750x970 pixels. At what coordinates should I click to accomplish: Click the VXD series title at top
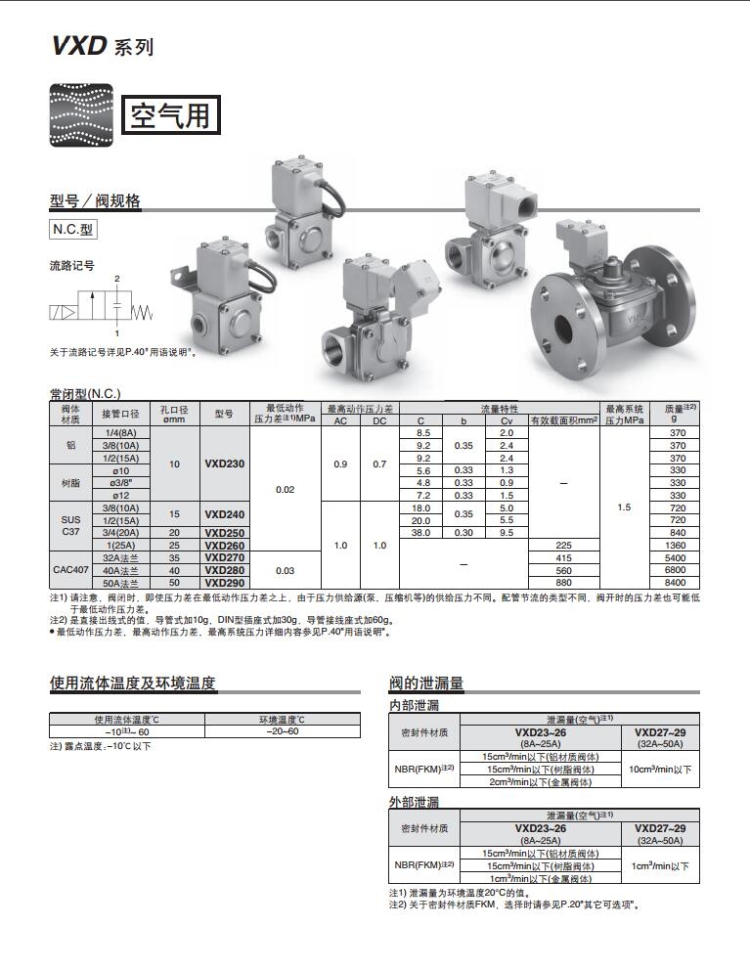102,46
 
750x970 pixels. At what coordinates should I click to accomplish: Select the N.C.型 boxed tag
74,231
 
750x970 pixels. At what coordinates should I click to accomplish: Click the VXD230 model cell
224,463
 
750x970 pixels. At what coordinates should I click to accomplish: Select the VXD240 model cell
224,513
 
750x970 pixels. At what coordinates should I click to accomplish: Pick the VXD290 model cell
224,582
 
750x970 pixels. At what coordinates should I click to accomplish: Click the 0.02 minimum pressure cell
285,489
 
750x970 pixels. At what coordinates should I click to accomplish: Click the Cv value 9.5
507,532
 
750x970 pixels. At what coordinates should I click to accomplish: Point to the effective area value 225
562,545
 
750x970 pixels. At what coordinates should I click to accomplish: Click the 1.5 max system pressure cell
624,507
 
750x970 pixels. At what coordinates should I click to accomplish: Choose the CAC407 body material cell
70,569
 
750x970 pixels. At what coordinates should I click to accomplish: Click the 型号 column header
224,414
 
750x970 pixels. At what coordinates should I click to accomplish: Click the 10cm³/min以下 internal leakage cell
660,770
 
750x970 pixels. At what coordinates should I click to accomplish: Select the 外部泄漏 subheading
415,802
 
